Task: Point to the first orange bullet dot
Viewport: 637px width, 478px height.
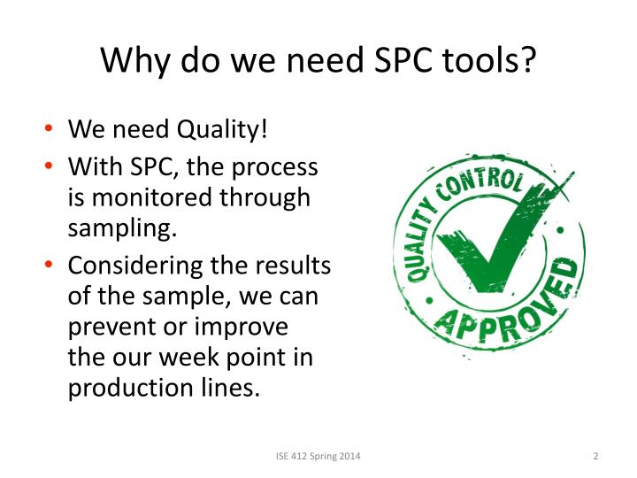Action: point(50,131)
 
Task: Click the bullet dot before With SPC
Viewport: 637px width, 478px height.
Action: point(50,166)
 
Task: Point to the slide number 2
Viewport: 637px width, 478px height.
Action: point(595,456)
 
